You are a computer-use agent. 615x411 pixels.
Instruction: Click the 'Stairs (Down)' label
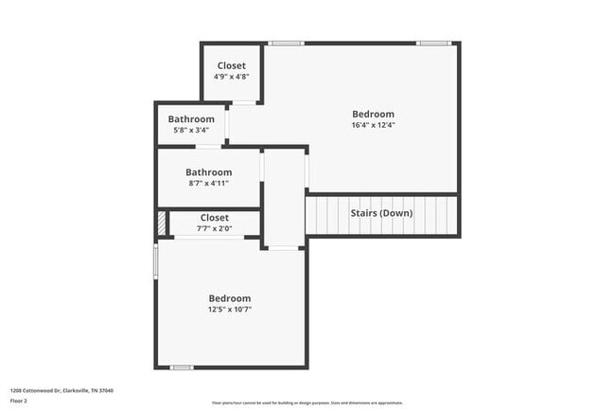tap(381, 213)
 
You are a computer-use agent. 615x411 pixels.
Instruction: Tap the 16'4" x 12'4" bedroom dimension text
tap(373, 125)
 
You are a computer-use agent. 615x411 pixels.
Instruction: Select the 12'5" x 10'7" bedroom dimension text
tap(230, 309)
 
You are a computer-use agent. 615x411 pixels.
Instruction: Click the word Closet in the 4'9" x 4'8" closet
tap(231, 65)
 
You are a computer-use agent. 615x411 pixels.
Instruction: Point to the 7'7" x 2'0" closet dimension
tap(214, 228)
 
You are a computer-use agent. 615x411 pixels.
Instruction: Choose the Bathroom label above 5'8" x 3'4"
tap(191, 119)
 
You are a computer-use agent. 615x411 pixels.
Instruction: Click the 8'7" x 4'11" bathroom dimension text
tap(208, 183)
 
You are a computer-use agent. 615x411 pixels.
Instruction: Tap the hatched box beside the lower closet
tap(162, 223)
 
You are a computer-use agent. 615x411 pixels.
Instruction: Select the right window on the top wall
tap(433, 43)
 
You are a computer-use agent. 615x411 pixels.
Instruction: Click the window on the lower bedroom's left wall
tap(156, 261)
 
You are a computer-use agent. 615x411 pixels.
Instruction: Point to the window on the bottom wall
tap(182, 367)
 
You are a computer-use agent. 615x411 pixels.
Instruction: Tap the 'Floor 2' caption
tap(19, 400)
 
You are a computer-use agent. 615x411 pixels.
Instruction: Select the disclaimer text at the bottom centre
tap(307, 403)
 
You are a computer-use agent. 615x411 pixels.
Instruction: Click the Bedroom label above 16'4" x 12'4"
tap(373, 114)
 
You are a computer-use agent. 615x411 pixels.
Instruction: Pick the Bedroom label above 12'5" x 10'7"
tap(230, 297)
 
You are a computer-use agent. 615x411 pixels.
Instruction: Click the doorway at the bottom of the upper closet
tap(244, 102)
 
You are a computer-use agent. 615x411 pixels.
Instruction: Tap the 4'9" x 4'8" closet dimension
tap(231, 76)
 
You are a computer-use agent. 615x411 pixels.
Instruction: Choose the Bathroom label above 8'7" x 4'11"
tap(208, 172)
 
